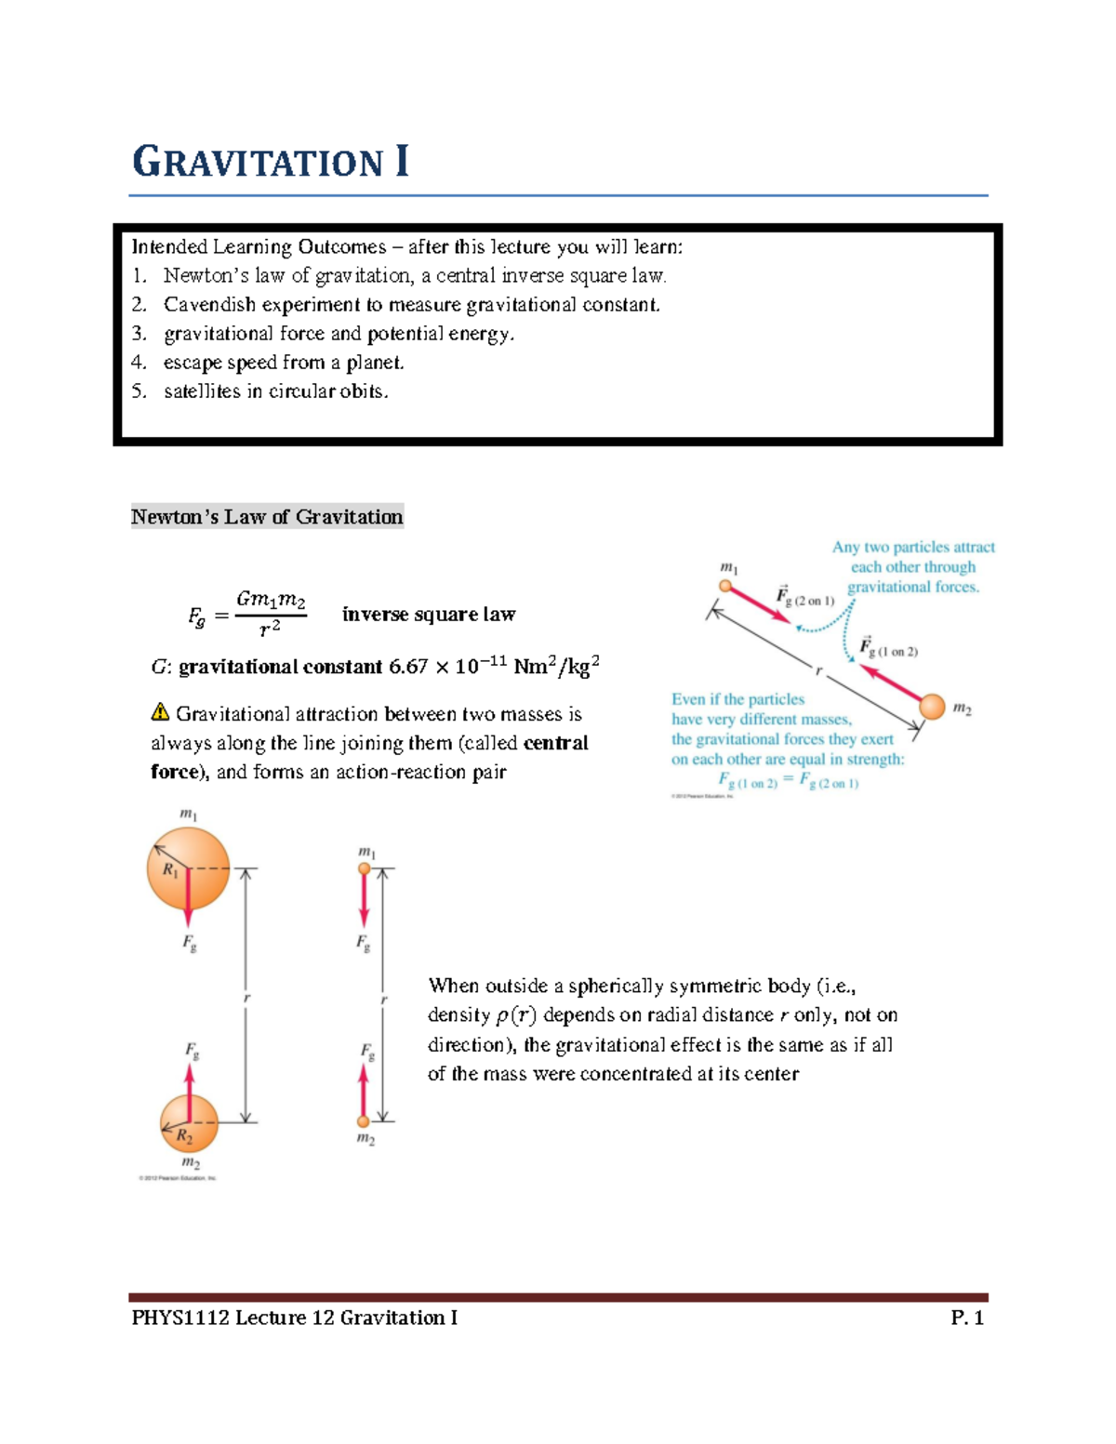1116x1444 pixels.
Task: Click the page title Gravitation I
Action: [270, 162]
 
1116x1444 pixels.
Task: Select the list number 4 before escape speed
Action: [139, 363]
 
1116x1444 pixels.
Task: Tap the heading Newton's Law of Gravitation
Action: [267, 517]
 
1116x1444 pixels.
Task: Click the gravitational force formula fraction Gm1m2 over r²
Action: [271, 614]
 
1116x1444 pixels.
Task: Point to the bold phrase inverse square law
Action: [428, 615]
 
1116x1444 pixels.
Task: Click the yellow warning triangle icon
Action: [160, 713]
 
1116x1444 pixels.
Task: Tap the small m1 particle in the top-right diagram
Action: [725, 586]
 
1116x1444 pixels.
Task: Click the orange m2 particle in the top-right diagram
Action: [932, 707]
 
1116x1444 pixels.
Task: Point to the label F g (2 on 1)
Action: [805, 598]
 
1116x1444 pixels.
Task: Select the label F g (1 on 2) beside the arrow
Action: [888, 648]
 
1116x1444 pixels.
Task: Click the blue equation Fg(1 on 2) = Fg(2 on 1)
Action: [788, 781]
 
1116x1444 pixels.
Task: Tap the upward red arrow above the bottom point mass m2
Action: [364, 1090]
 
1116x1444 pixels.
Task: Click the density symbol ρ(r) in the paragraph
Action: [516, 1015]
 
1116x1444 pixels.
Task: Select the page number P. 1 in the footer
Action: [966, 1318]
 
